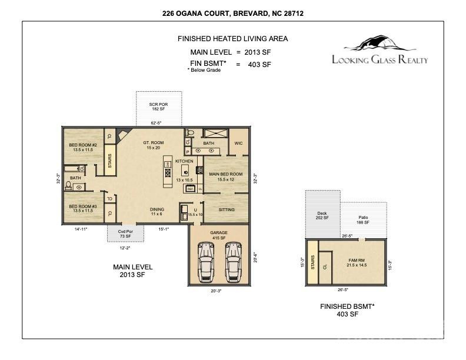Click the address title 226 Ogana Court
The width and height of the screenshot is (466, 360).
pos(233,12)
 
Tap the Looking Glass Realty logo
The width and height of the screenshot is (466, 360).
pos(380,52)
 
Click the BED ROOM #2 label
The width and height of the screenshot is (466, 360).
pos(83,148)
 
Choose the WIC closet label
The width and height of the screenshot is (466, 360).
pos(238,143)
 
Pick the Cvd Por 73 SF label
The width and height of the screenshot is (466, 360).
pos(121,233)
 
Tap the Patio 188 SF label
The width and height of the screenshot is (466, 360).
pos(363,220)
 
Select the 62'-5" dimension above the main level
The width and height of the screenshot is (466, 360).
pos(157,122)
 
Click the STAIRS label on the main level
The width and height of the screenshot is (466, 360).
pos(109,161)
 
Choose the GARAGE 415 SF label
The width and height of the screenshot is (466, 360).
pos(219,235)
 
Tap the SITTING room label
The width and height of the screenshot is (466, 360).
pos(227,210)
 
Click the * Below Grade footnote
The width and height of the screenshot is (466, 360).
pos(204,70)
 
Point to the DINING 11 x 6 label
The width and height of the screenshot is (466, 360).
pos(157,212)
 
